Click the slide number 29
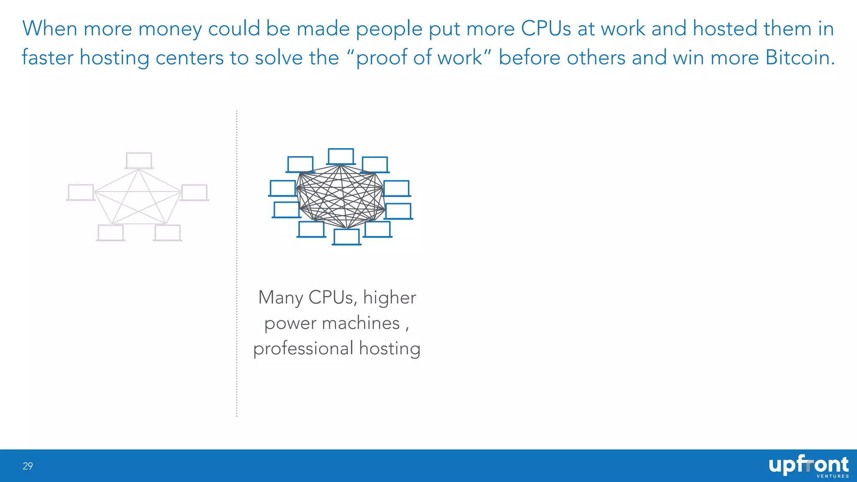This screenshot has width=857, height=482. coord(28,466)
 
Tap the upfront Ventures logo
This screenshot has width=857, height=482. coord(808,466)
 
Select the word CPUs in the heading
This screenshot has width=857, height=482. coord(546,28)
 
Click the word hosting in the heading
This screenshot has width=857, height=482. coord(114,58)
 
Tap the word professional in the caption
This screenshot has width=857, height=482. coord(303,349)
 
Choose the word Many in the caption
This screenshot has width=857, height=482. coord(280,298)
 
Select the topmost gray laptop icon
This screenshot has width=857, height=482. coord(139,161)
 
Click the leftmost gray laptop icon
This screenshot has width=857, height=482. coord(81,192)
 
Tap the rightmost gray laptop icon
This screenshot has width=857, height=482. coord(194,193)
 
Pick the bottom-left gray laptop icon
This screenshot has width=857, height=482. coord(110,233)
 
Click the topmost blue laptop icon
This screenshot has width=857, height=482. coord(341,156)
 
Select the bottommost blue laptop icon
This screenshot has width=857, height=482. coord(346,237)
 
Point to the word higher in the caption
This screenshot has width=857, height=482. coord(390,297)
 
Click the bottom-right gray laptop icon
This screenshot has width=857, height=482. coord(167,233)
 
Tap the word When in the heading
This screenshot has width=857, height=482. coord(49,28)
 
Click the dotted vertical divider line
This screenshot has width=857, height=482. coord(237,264)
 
